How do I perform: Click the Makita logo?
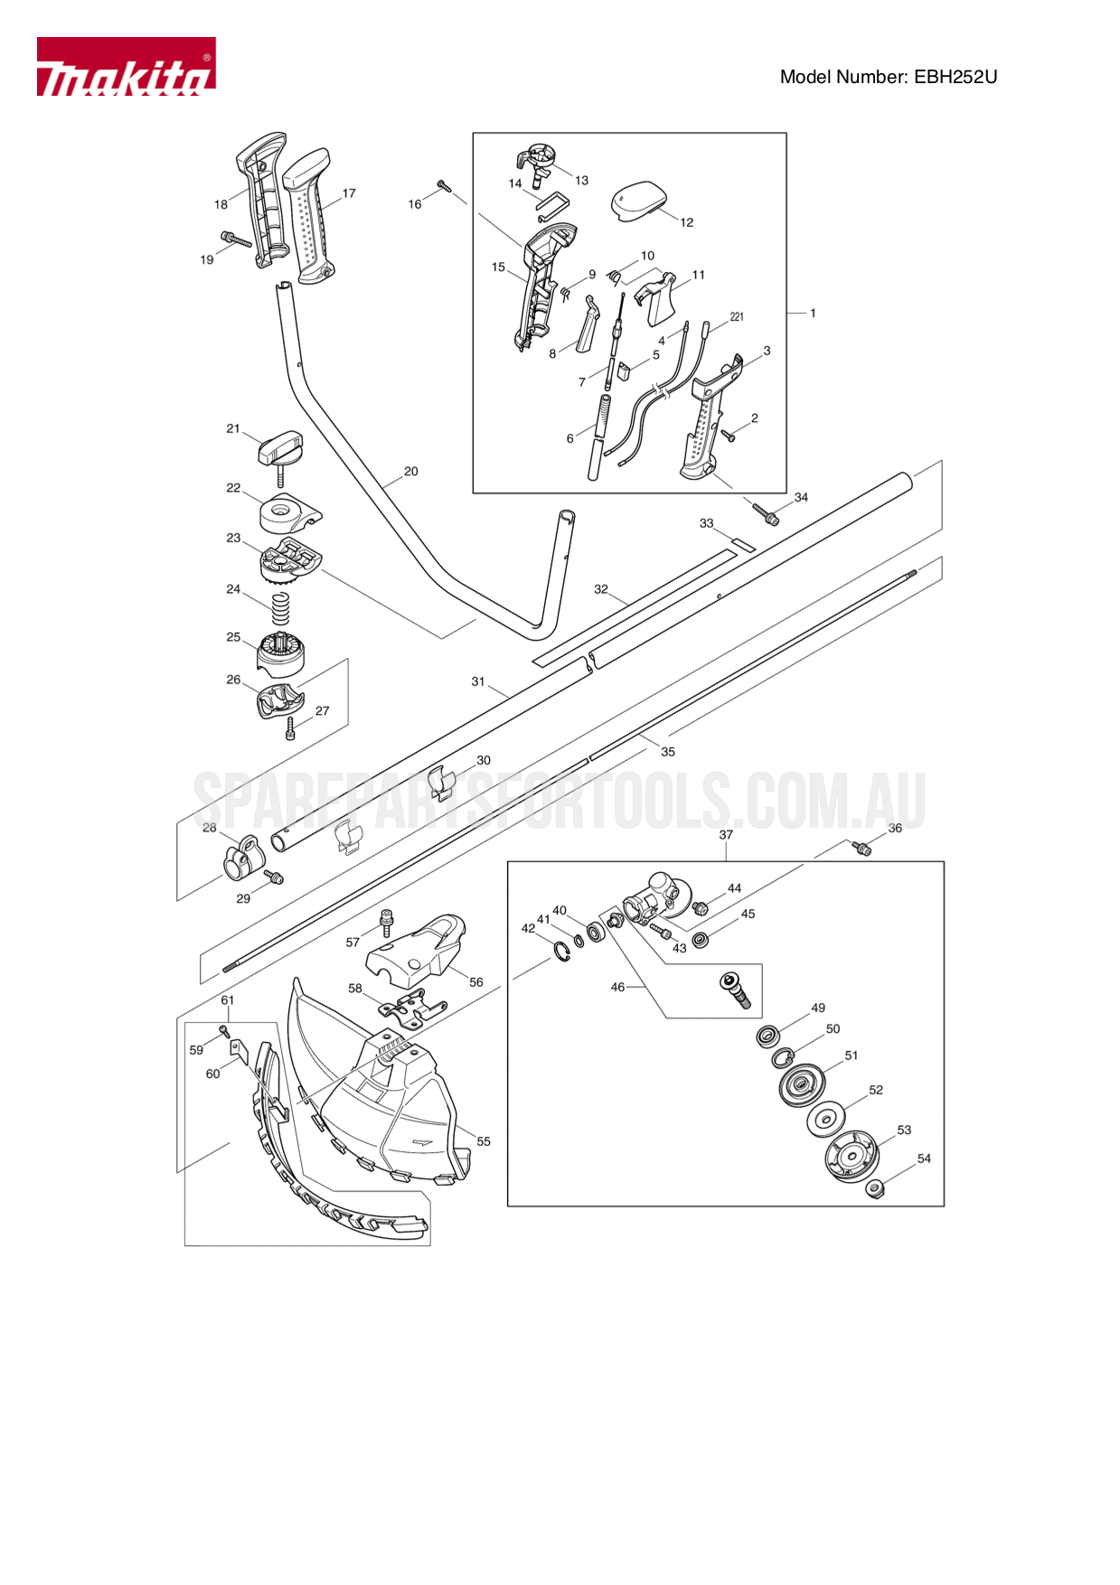coord(126,67)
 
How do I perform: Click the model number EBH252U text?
coord(888,77)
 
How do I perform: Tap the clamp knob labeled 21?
coord(281,448)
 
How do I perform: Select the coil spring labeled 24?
coord(281,607)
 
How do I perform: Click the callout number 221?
coord(737,316)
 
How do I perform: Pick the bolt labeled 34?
coord(766,514)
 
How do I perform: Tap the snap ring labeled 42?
coord(561,952)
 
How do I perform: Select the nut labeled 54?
coord(874,1188)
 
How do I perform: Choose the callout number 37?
coord(726,835)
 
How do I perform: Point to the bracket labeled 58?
coord(413,1008)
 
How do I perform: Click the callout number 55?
coord(484,1141)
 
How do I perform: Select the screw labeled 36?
coord(861,848)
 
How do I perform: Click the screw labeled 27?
coord(290,728)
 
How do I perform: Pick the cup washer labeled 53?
coord(851,1157)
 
